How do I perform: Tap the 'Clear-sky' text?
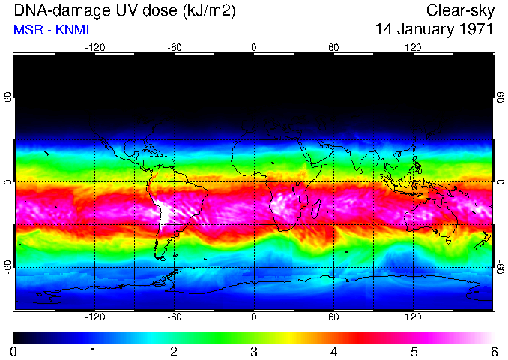pyautogui.click(x=459, y=10)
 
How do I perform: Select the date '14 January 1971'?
pyautogui.click(x=434, y=30)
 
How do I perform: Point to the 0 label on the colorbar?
pyautogui.click(x=13, y=351)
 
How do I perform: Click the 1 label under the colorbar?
pyautogui.click(x=94, y=351)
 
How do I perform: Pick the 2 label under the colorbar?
pyautogui.click(x=174, y=351)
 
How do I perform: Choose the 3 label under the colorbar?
pyautogui.click(x=253, y=351)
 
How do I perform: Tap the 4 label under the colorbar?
pyautogui.click(x=333, y=351)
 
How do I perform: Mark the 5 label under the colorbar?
pyautogui.click(x=414, y=351)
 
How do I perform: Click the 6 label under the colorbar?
pyautogui.click(x=493, y=351)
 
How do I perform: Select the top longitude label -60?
pyautogui.click(x=174, y=47)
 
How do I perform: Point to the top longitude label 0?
pyautogui.click(x=254, y=47)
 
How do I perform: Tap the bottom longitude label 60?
pyautogui.click(x=333, y=317)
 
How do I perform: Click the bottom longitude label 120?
pyautogui.click(x=414, y=317)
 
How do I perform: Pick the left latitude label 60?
pyautogui.click(x=8, y=97)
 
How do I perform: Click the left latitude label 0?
pyautogui.click(x=8, y=182)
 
